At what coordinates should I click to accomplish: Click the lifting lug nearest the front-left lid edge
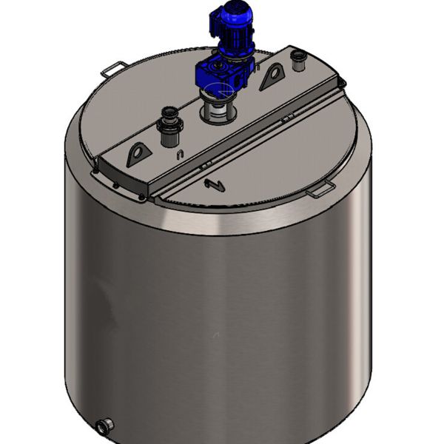pos(138,154)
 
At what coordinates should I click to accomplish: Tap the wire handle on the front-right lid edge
pos(320,191)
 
